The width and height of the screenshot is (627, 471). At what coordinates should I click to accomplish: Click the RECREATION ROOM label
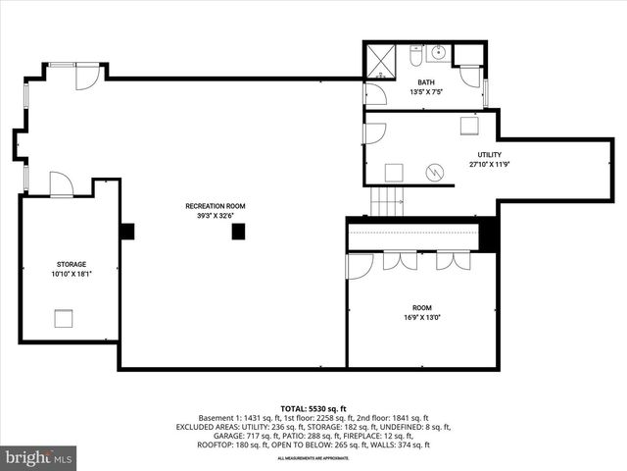(x=216, y=206)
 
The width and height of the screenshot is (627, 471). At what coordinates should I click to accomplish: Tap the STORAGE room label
(x=71, y=265)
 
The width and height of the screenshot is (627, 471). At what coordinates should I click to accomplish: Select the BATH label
(x=426, y=82)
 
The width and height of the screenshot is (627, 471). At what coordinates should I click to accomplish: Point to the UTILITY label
(x=489, y=155)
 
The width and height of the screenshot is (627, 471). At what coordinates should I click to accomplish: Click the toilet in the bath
(x=416, y=54)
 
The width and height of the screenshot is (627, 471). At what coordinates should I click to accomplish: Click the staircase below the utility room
(x=387, y=201)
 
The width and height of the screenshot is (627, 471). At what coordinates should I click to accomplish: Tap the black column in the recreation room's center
(x=237, y=232)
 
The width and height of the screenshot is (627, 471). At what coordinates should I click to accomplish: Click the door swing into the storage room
(x=61, y=184)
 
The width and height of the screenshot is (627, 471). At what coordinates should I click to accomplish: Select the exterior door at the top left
(x=88, y=75)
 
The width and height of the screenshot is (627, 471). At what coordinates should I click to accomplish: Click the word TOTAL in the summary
(x=294, y=407)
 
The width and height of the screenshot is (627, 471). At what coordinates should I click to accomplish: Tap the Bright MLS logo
(x=39, y=457)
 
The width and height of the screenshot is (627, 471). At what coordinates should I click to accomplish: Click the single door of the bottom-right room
(x=360, y=265)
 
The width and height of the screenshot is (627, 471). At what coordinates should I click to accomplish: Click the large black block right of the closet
(x=490, y=236)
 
